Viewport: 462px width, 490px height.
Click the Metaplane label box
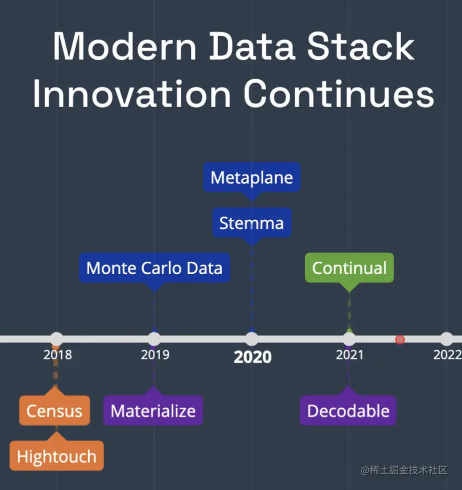tap(252, 177)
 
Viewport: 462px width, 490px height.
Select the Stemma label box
tap(252, 223)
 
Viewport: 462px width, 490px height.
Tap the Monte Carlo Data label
tap(155, 268)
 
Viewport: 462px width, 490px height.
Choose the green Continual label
tap(349, 268)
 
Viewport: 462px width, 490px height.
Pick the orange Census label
tap(55, 410)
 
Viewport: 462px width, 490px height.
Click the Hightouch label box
tap(56, 455)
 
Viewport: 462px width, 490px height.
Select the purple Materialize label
tap(153, 410)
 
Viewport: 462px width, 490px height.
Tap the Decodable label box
tap(348, 410)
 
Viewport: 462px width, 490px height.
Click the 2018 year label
tap(57, 355)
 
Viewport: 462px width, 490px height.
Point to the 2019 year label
tap(155, 355)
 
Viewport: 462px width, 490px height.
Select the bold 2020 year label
tap(252, 357)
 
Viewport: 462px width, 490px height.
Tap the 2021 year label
tap(349, 355)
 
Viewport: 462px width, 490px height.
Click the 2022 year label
tap(447, 355)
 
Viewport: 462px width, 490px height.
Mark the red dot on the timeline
tap(400, 339)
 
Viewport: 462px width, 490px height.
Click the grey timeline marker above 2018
tap(56, 339)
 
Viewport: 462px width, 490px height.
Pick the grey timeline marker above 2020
tap(252, 339)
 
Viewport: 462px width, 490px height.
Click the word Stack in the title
tap(361, 46)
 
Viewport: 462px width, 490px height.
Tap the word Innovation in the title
tap(132, 93)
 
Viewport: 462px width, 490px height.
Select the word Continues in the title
tap(339, 93)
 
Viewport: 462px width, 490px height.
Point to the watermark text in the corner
tap(404, 470)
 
